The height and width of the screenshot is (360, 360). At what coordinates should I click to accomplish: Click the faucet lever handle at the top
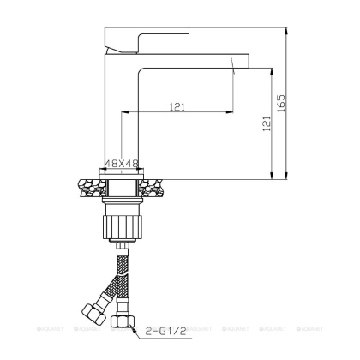coord(134,39)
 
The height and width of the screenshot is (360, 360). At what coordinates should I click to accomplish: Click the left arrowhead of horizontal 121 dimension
coord(129,112)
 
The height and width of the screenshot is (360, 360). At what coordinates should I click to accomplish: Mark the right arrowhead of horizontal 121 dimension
coord(230,112)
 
